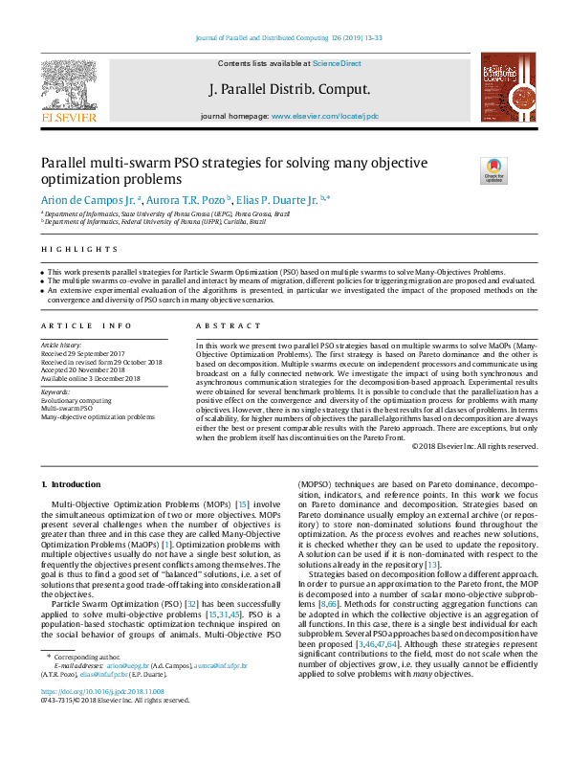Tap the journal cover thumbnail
(501, 88)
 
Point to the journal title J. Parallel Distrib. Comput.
(289, 89)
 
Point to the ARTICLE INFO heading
(87, 325)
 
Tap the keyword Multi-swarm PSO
(69, 409)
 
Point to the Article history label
(63, 343)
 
